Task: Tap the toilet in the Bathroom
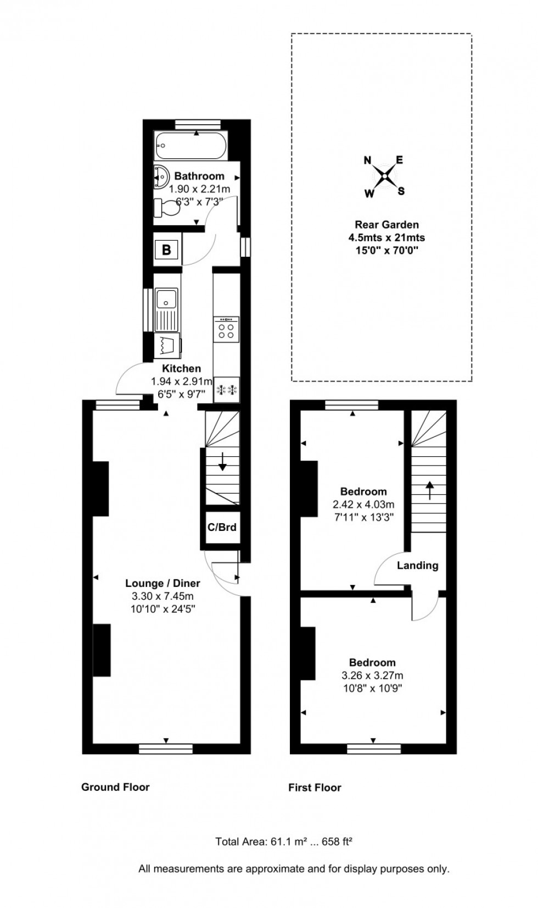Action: point(167,208)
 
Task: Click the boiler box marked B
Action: point(166,250)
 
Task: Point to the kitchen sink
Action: point(166,300)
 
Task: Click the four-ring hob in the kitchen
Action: point(226,329)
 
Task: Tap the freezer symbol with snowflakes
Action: point(227,390)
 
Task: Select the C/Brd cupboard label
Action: point(222,527)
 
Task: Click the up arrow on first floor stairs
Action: point(429,489)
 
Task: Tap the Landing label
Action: point(417,566)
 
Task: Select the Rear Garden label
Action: point(386,224)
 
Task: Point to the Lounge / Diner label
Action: point(162,583)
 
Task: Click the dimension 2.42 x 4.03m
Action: point(363,504)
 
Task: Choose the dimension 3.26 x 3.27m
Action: point(372,676)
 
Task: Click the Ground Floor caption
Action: point(115,787)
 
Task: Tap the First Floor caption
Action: point(315,788)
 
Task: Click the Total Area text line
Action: point(283,841)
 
